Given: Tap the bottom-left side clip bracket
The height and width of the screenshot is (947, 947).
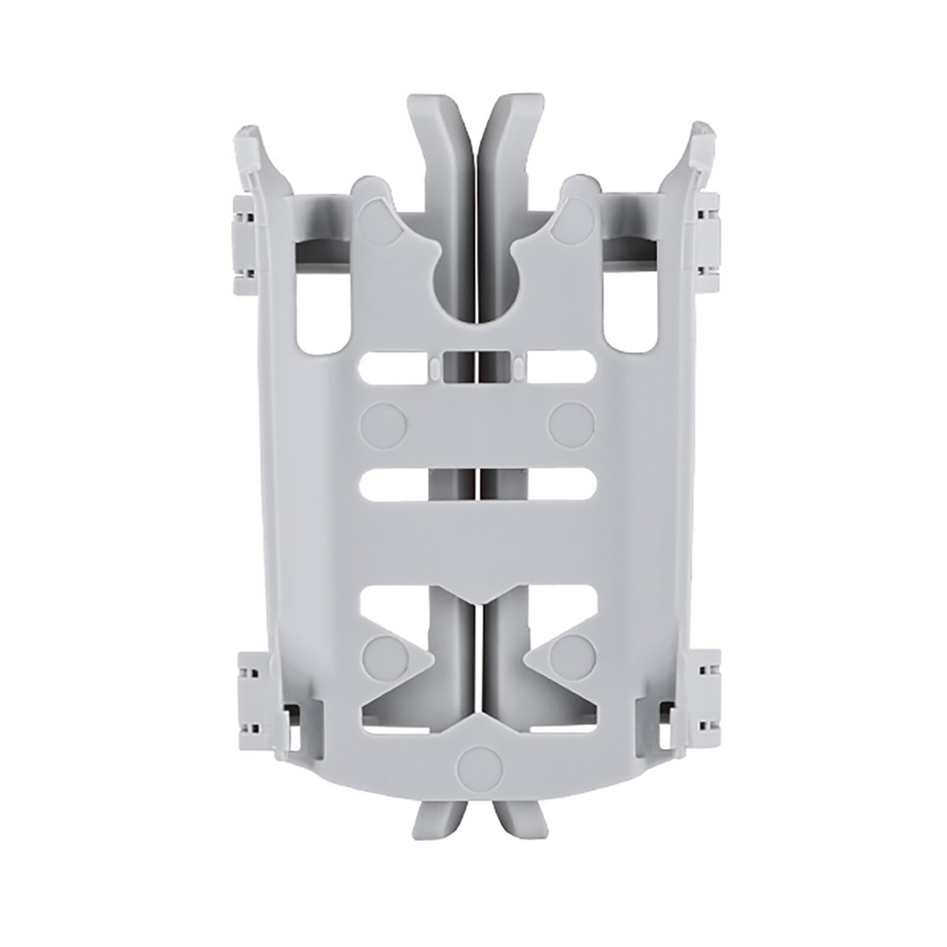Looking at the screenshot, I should coord(249,696).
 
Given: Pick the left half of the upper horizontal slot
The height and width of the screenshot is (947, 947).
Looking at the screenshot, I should coord(398,367).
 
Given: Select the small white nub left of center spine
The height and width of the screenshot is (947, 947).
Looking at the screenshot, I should coord(432,366).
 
